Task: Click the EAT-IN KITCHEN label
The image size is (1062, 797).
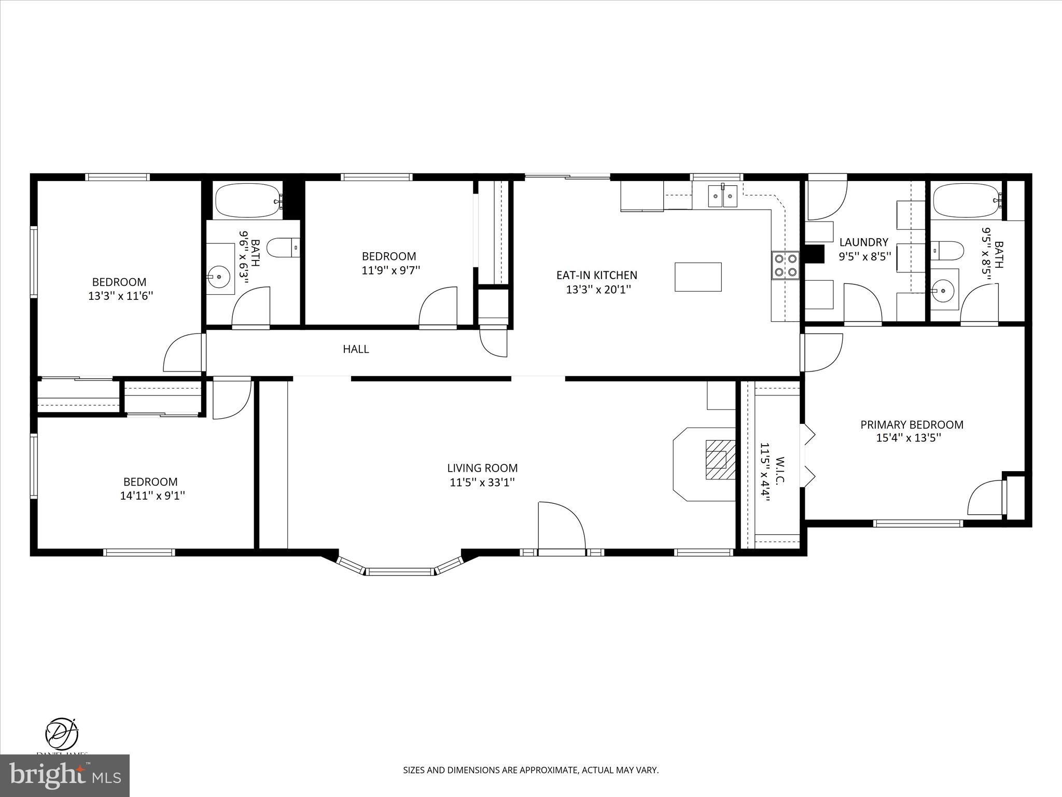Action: [596, 275]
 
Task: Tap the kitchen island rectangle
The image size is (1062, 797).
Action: [698, 277]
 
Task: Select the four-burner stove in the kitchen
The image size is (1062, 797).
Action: [785, 265]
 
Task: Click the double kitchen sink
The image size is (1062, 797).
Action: [723, 196]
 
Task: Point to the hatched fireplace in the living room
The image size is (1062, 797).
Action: [720, 460]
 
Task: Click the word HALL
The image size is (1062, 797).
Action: [356, 349]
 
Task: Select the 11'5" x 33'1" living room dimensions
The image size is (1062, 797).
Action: [482, 483]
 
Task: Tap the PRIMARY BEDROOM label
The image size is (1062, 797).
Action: [912, 424]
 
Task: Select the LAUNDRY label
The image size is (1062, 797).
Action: [863, 242]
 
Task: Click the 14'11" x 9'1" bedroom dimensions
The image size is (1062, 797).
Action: [152, 496]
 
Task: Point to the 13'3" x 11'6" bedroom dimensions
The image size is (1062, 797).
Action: [121, 296]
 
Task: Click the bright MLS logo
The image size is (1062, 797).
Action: [65, 776]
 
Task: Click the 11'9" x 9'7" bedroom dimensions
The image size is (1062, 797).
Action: [390, 270]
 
